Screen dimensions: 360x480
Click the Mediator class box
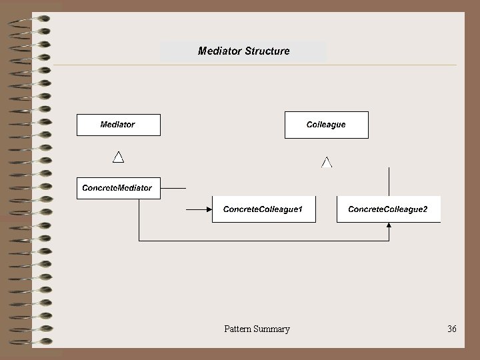point(119,125)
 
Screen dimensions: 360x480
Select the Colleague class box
point(326,125)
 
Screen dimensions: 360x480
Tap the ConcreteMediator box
point(117,188)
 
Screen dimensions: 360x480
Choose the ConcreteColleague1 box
point(263,209)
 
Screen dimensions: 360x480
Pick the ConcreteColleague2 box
point(388,209)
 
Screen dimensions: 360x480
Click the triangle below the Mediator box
point(118,157)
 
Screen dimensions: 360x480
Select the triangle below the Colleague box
point(327,162)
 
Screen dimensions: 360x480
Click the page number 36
point(452,329)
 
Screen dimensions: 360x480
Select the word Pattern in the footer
point(238,329)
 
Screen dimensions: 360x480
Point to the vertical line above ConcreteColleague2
point(389,181)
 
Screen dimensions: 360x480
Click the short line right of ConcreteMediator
point(174,189)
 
